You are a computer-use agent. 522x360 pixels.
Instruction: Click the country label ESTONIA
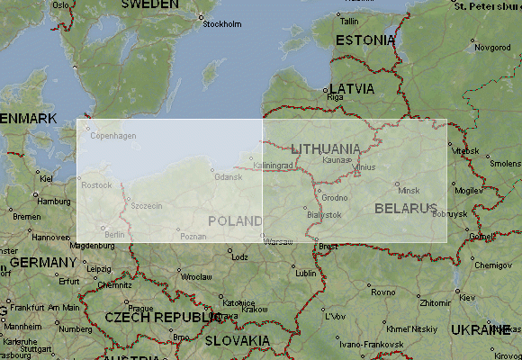click(364, 40)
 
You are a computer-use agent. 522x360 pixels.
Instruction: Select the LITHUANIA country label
click(326, 148)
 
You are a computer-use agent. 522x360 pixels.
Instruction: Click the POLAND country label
click(235, 220)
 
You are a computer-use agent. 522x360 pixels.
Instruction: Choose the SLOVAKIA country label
click(237, 340)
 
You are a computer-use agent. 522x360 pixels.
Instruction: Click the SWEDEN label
click(149, 4)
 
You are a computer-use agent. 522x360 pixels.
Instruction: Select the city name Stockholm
click(222, 24)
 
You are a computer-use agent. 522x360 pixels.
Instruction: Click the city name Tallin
click(349, 21)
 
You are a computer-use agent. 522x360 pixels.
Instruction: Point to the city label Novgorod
click(492, 47)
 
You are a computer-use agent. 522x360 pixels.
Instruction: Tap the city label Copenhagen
click(114, 136)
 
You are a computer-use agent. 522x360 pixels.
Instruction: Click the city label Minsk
click(409, 191)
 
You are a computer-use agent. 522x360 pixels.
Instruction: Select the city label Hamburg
click(54, 202)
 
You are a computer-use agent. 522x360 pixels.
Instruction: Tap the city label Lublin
click(306, 273)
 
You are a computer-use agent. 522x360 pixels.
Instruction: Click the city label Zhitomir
click(436, 304)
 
